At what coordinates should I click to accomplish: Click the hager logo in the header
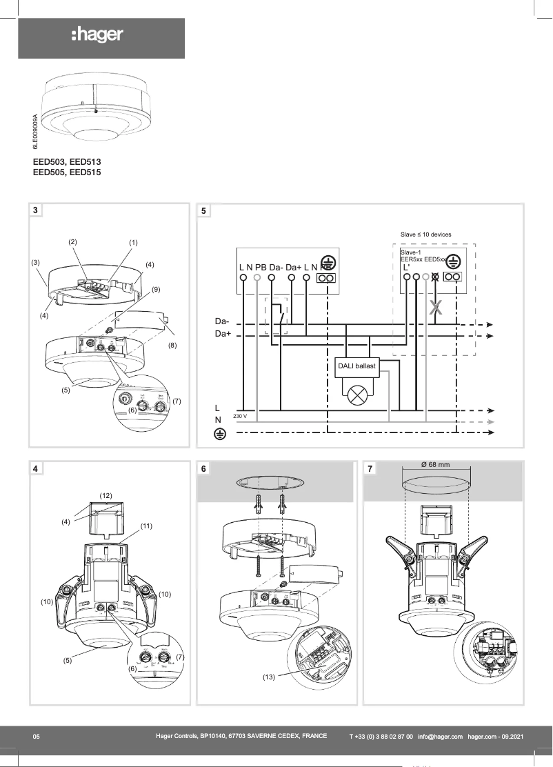97,35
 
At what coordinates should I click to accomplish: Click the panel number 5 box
203,210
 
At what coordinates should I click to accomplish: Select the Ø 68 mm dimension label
435,464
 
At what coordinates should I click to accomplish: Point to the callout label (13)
269,677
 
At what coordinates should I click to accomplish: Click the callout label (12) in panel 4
105,495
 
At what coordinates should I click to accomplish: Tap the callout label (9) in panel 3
156,289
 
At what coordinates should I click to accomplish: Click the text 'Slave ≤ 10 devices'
425,235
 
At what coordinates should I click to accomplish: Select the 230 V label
241,416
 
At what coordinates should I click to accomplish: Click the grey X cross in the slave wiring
434,308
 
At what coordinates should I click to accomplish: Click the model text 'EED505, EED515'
67,172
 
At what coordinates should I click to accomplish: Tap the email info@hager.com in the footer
440,737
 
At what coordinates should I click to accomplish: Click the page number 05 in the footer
37,737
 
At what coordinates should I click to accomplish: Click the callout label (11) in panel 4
146,526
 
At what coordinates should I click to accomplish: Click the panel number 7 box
371,469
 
